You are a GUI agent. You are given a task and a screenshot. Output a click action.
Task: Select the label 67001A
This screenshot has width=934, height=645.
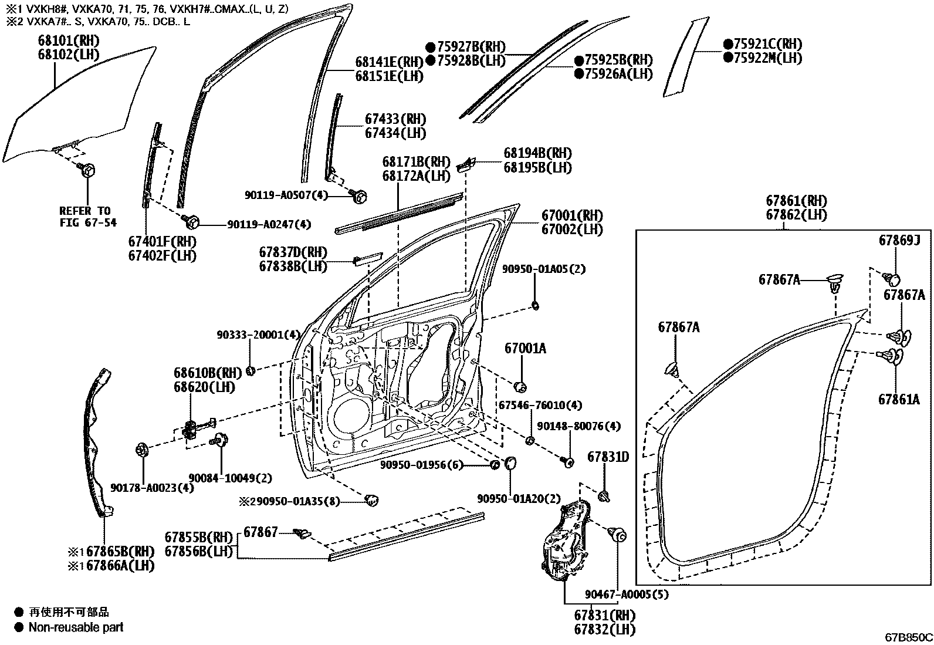coord(525,348)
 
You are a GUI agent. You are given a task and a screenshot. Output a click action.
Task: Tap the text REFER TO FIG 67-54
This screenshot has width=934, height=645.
coord(88,216)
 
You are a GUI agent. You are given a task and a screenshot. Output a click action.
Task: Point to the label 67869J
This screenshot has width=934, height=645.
coord(899,240)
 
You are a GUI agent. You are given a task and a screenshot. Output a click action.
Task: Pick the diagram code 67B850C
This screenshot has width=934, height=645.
coord(909,637)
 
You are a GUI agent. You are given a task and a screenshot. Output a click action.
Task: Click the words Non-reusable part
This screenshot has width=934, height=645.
coord(76,627)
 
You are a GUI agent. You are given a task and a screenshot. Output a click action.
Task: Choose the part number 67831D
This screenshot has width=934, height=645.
coord(608,457)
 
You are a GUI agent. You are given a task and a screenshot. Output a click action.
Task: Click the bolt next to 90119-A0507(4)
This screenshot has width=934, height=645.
coord(360,195)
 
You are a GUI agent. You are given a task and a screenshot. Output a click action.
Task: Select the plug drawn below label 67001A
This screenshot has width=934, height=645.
coord(519,386)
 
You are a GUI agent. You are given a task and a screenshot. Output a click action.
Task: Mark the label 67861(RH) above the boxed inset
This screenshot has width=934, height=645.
coord(796,201)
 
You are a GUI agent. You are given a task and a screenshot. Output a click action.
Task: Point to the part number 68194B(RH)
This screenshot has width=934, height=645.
coord(537,153)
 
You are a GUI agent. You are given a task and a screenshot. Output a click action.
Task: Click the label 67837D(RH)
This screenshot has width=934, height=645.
coord(293,252)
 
